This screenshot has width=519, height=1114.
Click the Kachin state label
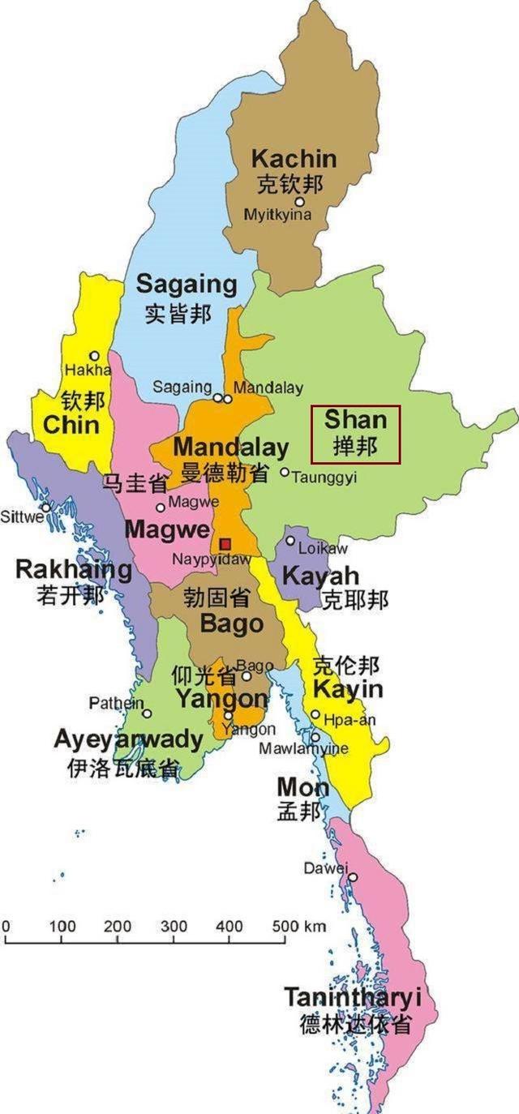pyautogui.click(x=293, y=158)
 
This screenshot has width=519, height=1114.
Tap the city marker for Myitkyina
pyautogui.click(x=299, y=202)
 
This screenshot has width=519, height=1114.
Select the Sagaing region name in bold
pyautogui.click(x=187, y=285)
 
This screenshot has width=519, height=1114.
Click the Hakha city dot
pyautogui.click(x=95, y=356)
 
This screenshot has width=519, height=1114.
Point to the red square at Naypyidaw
pyautogui.click(x=225, y=542)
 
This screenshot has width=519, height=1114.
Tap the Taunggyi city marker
pyautogui.click(x=285, y=472)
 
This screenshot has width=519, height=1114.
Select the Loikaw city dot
pyautogui.click(x=290, y=541)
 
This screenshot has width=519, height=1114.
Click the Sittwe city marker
pyautogui.click(x=47, y=508)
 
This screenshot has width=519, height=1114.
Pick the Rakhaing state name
pyautogui.click(x=74, y=569)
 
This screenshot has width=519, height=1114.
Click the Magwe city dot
pyautogui.click(x=161, y=508)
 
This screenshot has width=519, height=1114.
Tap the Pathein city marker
pyautogui.click(x=147, y=713)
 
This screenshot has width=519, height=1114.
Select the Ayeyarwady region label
pyautogui.click(x=128, y=739)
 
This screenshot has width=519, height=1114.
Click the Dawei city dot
pyautogui.click(x=353, y=876)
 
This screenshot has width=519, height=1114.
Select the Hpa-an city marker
pyautogui.click(x=315, y=714)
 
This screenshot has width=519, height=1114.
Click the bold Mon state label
pyautogui.click(x=302, y=787)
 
